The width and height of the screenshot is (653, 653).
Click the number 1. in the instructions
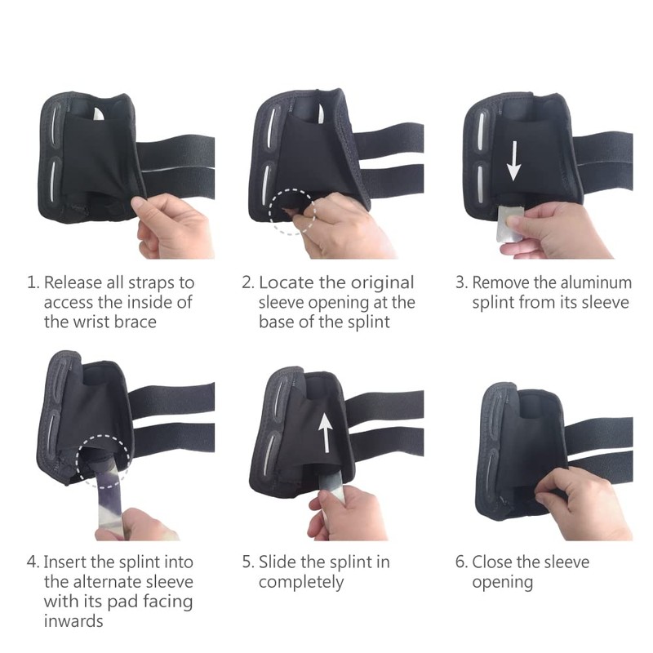(33, 283)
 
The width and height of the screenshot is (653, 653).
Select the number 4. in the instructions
(33, 562)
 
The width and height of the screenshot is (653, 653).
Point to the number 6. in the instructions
(461, 562)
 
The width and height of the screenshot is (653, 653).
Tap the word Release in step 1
(73, 283)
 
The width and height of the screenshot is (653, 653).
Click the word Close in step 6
(493, 562)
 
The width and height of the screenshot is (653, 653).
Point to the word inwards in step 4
(74, 621)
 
